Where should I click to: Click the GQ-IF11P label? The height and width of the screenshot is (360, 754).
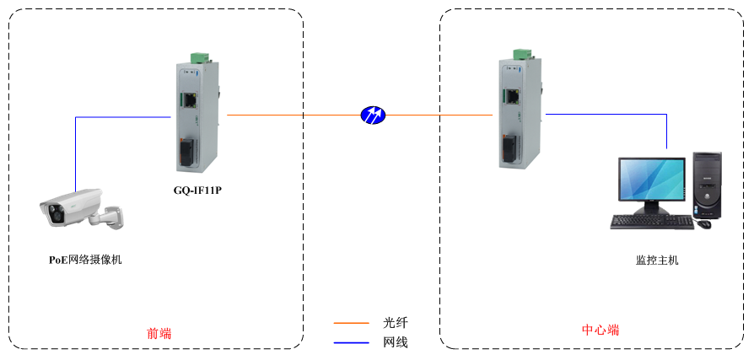pos(197,191)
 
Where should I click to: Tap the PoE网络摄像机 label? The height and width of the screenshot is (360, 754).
pos(85,260)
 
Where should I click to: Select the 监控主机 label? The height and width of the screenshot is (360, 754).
pos(657,261)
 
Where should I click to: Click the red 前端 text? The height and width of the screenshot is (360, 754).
pos(159,333)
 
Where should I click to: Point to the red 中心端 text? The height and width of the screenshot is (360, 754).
pos(601,330)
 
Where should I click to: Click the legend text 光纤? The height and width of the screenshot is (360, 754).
pos(396,322)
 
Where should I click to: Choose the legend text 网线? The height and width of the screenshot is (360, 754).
pos(396,342)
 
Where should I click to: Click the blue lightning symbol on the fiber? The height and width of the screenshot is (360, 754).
pos(372,115)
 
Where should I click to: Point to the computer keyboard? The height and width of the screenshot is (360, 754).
pos(651,223)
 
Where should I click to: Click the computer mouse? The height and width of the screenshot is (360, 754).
pos(704,223)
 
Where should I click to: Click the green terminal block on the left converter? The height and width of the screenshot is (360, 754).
pos(200,57)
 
